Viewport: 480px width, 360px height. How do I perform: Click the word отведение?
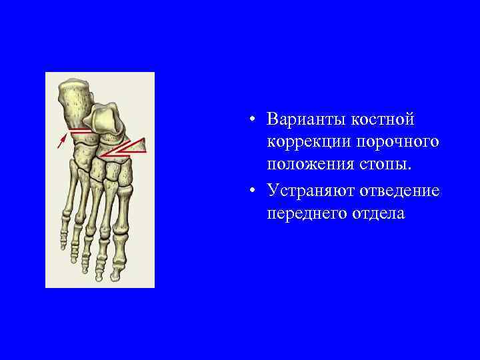(x=401, y=191)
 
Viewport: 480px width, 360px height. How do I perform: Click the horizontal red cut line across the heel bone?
(x=81, y=131)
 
